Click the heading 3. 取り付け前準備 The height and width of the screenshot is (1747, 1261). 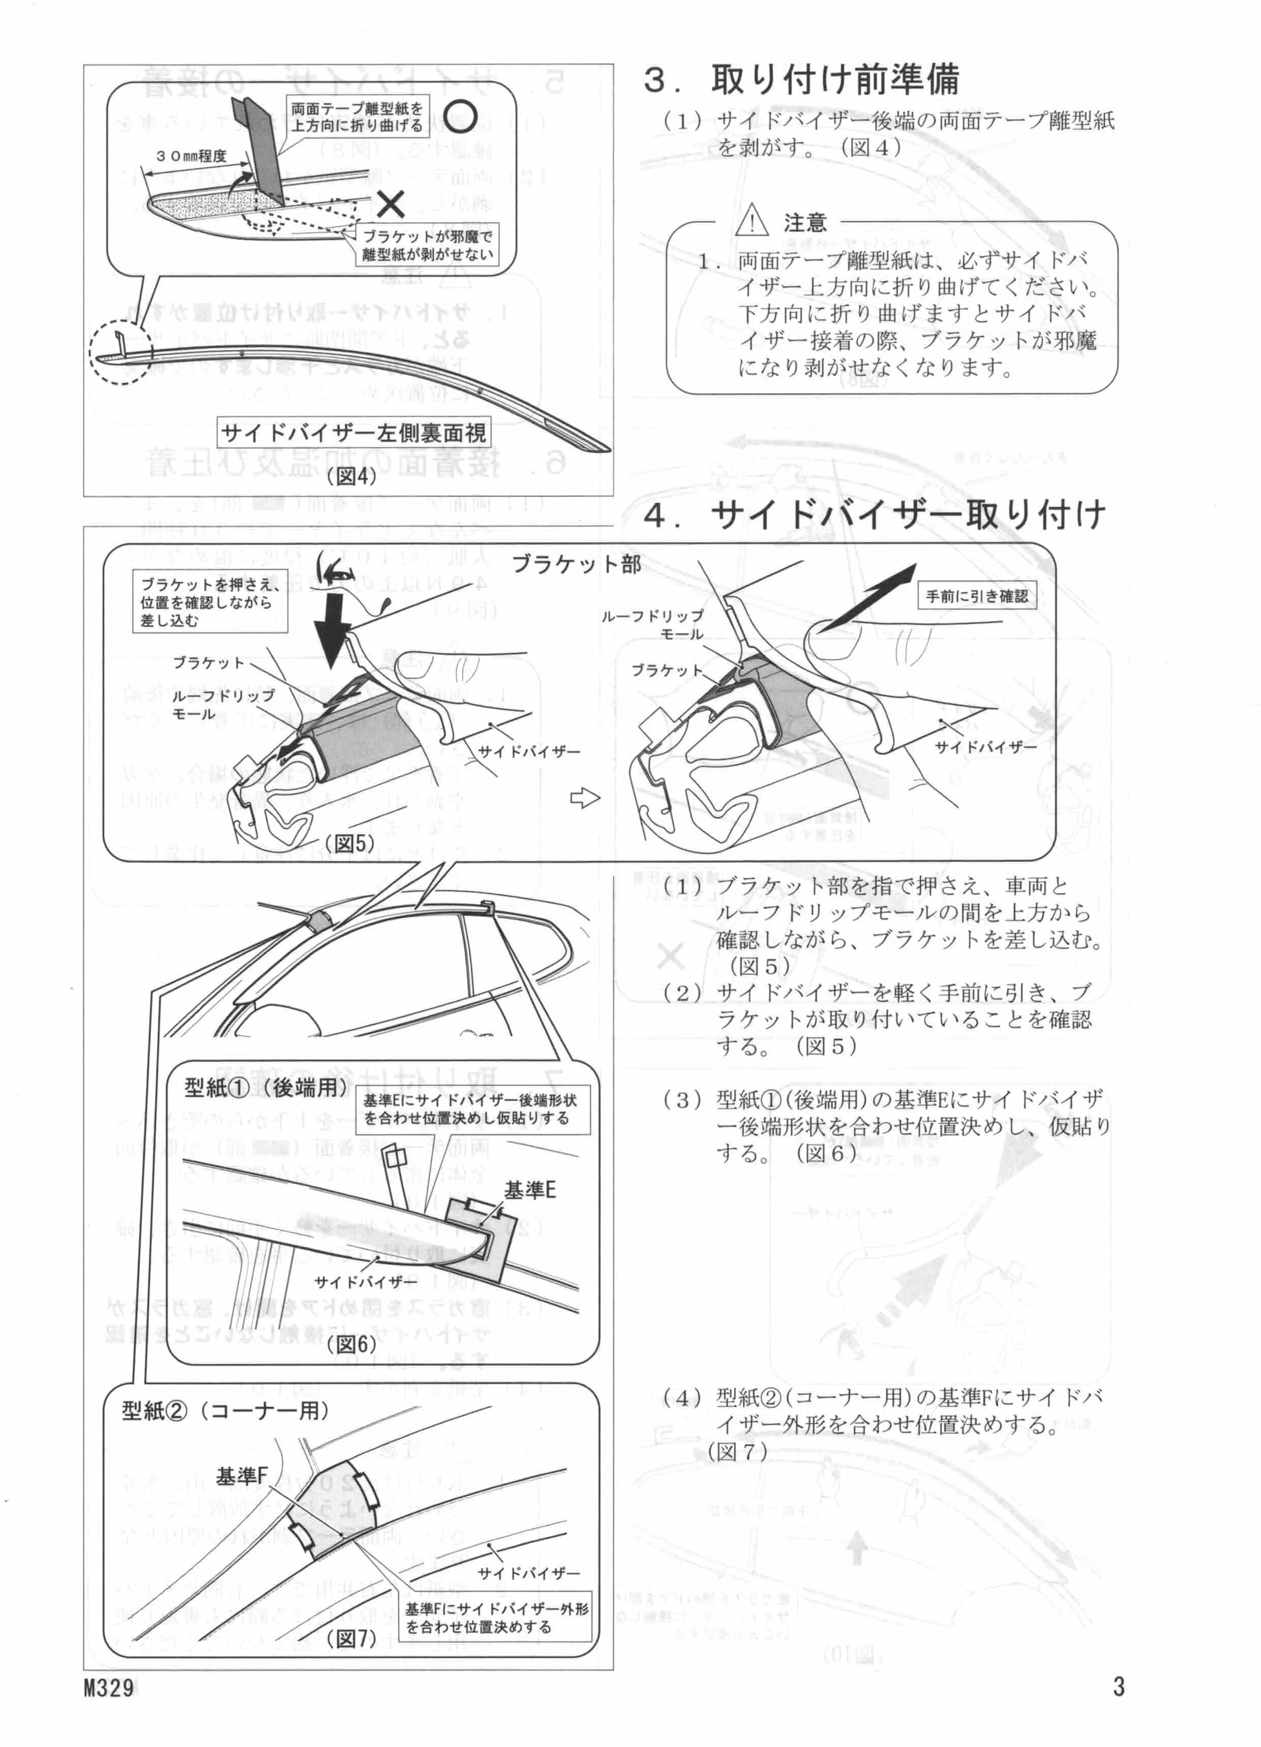[x=801, y=80]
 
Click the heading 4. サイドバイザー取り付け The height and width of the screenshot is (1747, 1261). [x=874, y=516]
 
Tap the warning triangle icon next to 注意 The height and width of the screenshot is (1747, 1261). [x=753, y=223]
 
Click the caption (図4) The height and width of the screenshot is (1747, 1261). [x=351, y=476]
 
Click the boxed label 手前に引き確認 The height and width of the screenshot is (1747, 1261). [x=976, y=596]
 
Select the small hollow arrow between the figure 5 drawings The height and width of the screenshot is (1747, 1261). [x=585, y=799]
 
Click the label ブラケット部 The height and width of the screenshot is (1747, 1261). [x=576, y=564]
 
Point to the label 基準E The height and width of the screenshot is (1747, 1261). [x=529, y=1190]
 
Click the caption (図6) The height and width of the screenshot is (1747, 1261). [x=350, y=1344]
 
